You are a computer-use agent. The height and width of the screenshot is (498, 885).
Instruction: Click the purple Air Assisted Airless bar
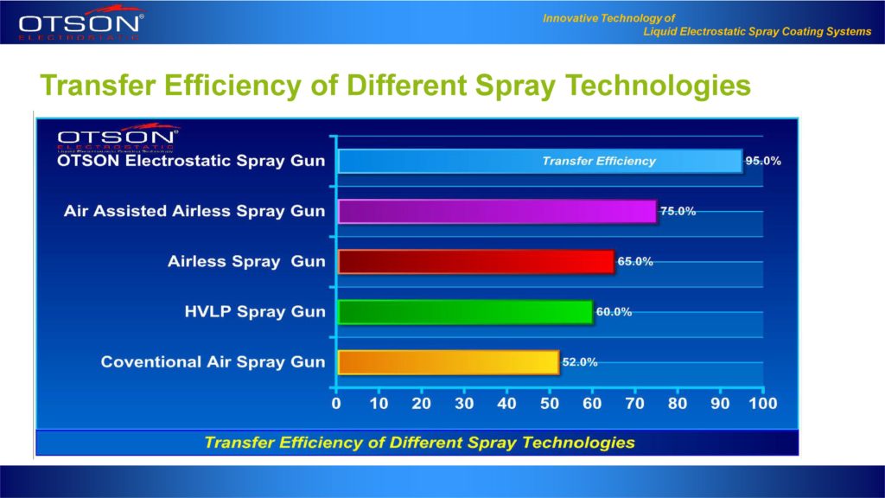tap(497, 212)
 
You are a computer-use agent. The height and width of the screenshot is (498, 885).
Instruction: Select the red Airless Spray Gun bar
tap(475, 262)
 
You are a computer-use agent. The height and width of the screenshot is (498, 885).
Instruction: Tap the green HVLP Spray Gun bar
tap(465, 312)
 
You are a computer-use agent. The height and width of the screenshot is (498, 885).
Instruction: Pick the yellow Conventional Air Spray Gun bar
tap(448, 362)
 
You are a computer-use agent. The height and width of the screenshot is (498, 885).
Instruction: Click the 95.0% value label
tap(763, 161)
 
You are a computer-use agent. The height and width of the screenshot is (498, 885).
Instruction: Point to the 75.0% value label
tap(678, 211)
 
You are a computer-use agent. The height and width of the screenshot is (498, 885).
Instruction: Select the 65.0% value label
tap(635, 261)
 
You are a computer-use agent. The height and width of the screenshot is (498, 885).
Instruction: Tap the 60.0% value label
tap(614, 311)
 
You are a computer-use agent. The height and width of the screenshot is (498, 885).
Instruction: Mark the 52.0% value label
tap(580, 362)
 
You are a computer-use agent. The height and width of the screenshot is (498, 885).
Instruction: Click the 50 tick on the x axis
tap(550, 403)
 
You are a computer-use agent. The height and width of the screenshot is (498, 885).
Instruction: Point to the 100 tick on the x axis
tap(762, 403)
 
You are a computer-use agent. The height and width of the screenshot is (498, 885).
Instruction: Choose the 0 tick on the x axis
tap(336, 403)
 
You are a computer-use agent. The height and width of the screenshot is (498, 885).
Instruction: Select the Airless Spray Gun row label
tap(247, 262)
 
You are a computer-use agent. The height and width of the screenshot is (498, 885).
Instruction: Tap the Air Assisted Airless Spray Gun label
tap(194, 212)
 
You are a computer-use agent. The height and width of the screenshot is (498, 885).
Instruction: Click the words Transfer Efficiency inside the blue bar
tap(598, 161)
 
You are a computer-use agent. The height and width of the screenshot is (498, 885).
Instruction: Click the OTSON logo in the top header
tap(82, 24)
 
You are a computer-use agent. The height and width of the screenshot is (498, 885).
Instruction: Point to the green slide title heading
tap(394, 86)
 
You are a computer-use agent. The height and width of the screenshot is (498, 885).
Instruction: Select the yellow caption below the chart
tap(419, 443)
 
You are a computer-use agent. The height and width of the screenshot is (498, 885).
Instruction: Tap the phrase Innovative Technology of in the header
tap(609, 18)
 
